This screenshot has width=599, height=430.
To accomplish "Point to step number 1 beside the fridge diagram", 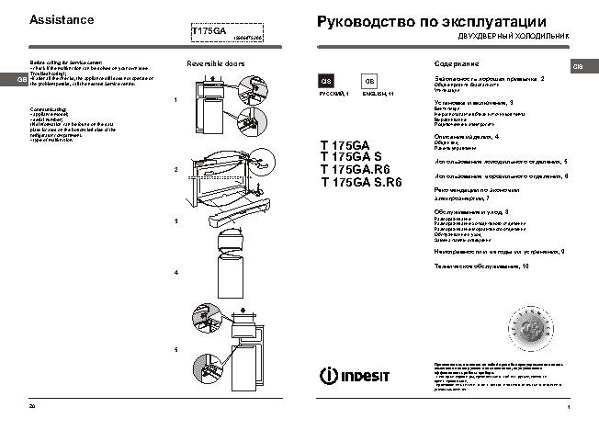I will (175, 99).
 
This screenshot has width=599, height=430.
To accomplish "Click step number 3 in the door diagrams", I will (175, 221).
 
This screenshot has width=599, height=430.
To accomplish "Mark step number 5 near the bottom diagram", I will (175, 352).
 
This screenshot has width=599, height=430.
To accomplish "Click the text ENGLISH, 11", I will (378, 95).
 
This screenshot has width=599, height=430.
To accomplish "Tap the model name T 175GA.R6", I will (348, 170).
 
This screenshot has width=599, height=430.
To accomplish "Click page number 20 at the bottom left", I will (32, 406).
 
